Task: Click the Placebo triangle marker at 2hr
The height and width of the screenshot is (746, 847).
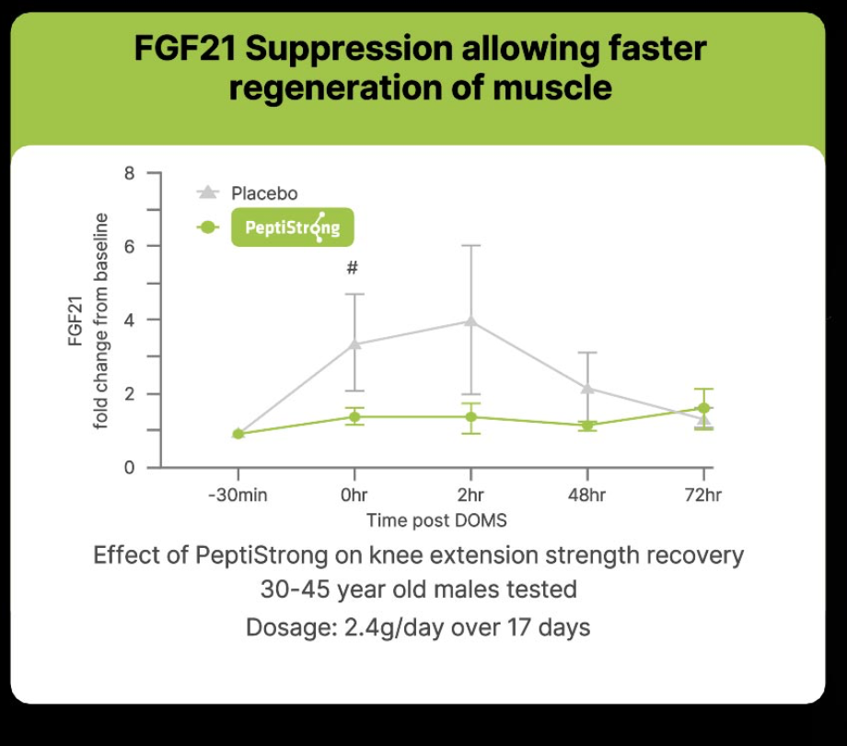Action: coord(470,321)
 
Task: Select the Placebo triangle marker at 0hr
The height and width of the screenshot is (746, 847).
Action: coord(354,344)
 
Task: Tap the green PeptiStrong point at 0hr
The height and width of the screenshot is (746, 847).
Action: coord(354,416)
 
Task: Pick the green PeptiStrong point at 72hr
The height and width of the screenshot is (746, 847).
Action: coord(703,408)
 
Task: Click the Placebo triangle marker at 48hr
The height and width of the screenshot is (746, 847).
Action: coord(587,388)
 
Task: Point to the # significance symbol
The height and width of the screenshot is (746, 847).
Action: coord(352,269)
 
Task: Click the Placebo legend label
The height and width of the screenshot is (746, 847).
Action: coord(264,193)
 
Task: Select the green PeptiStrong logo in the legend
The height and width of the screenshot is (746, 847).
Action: coord(292,227)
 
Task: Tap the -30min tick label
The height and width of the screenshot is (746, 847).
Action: coord(237,495)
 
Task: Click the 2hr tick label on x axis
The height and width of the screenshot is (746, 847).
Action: coord(470,495)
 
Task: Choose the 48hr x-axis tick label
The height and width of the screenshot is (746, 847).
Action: coord(587,495)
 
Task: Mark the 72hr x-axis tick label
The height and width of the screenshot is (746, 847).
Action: coord(703,495)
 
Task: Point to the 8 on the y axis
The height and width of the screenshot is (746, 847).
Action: coord(129,173)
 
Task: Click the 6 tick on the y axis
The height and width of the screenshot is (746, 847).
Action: coord(129,247)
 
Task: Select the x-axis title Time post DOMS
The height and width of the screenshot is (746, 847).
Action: coord(435,520)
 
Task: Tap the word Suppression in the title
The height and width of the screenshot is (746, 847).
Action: coord(347,49)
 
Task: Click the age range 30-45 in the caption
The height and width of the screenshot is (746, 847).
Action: coord(294,589)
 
